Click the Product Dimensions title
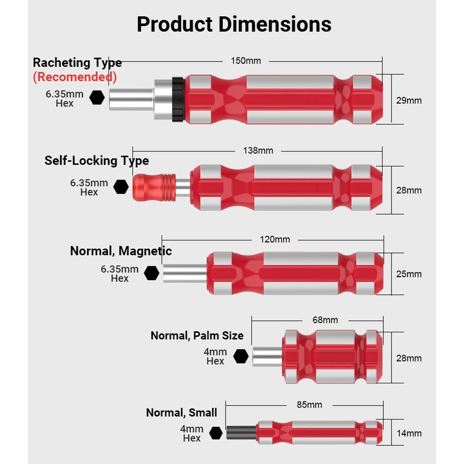tap(234, 24)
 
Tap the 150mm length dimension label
tap(245, 61)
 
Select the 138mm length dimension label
tap(258, 151)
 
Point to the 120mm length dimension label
tap(274, 240)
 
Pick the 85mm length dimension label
tap(309, 405)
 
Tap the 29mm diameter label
tap(409, 100)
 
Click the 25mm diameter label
tap(409, 274)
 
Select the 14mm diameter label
tap(409, 433)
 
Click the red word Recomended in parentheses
tap(75, 77)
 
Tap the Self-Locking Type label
tap(97, 161)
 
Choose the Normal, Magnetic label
tap(121, 251)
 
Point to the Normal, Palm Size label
tap(197, 336)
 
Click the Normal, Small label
tap(182, 413)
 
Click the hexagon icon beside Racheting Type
tap(97, 98)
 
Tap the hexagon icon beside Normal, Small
tap(216, 433)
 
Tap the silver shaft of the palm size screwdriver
tap(267, 356)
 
